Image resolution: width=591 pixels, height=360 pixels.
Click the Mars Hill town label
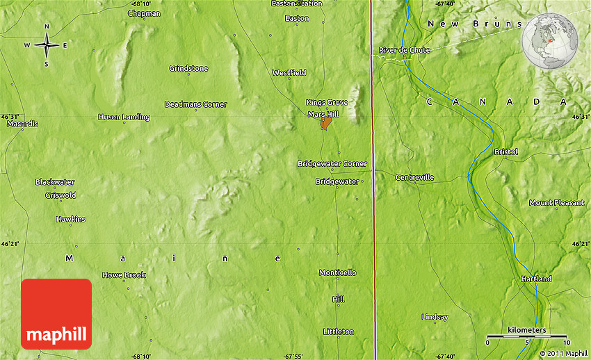pyautogui.click(x=323, y=114)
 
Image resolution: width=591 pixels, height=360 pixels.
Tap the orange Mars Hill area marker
pyautogui.click(x=325, y=124)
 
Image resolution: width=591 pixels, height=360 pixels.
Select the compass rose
pyautogui.click(x=47, y=46)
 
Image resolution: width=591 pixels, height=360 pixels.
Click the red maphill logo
pyautogui.click(x=56, y=313)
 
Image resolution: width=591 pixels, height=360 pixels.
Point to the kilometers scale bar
pyautogui.click(x=527, y=336)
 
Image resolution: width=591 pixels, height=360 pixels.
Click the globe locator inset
pyautogui.click(x=549, y=42)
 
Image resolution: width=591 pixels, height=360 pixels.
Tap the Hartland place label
pyautogui.click(x=536, y=279)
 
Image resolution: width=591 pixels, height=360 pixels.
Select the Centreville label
pyautogui.click(x=414, y=177)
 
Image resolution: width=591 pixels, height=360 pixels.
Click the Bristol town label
pyautogui.click(x=505, y=152)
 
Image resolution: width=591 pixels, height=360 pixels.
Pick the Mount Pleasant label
pyautogui.click(x=556, y=203)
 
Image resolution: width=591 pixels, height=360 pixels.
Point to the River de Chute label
pyautogui.click(x=404, y=50)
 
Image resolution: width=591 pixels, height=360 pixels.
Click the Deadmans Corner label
pyautogui.click(x=195, y=104)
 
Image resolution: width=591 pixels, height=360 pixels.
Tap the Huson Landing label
pyautogui.click(x=124, y=117)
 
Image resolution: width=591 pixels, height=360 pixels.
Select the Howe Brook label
pyautogui.click(x=124, y=275)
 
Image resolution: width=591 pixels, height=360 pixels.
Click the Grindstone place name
pyautogui.click(x=188, y=68)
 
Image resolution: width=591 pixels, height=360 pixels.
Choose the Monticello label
pyautogui.click(x=337, y=272)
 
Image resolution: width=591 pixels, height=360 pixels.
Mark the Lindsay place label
pyautogui.click(x=435, y=317)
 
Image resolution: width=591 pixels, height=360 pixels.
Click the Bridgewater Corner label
pyautogui.click(x=332, y=163)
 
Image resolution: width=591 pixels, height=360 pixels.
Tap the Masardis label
pyautogui.click(x=22, y=124)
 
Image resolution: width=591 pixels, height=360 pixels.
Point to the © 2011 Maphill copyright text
pyautogui.click(x=562, y=353)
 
